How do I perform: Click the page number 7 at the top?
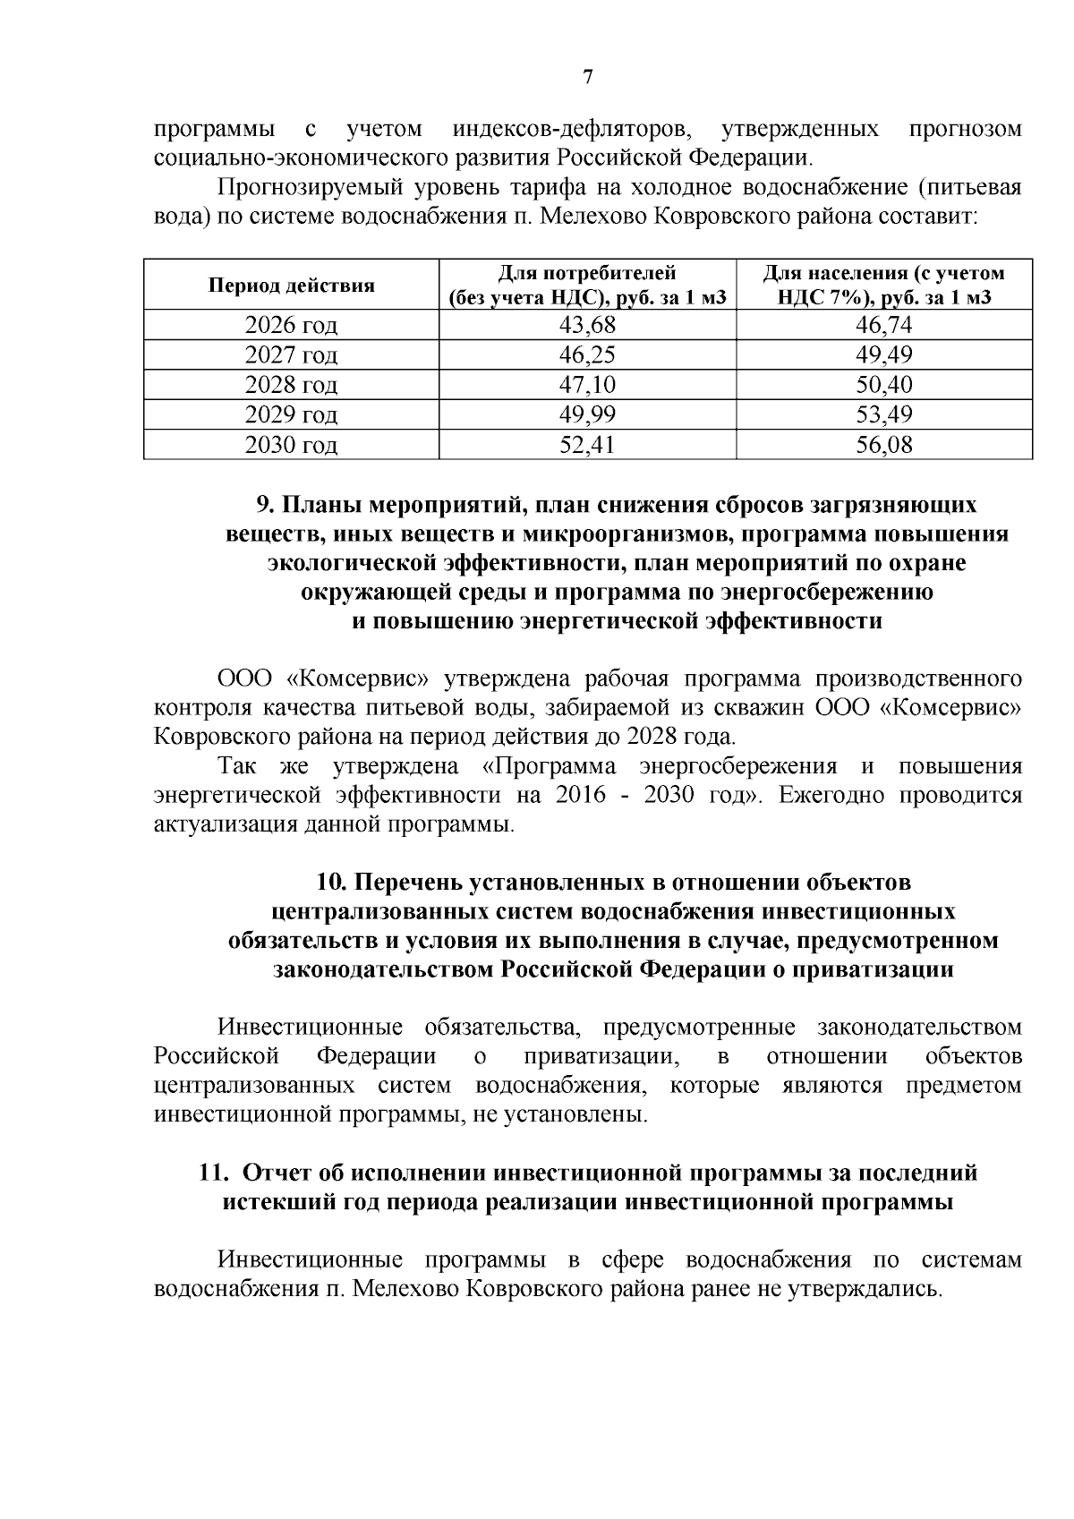(588, 78)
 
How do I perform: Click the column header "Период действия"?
(292, 286)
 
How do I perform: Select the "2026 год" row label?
(292, 326)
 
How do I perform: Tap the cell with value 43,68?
(587, 326)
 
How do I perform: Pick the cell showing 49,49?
(883, 355)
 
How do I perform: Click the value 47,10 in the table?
(587, 385)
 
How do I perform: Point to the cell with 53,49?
(883, 414)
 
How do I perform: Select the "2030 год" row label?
(292, 445)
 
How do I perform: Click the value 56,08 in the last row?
(883, 445)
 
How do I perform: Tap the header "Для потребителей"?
(587, 273)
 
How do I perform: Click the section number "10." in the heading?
(333, 883)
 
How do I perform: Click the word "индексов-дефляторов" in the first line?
(572, 129)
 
